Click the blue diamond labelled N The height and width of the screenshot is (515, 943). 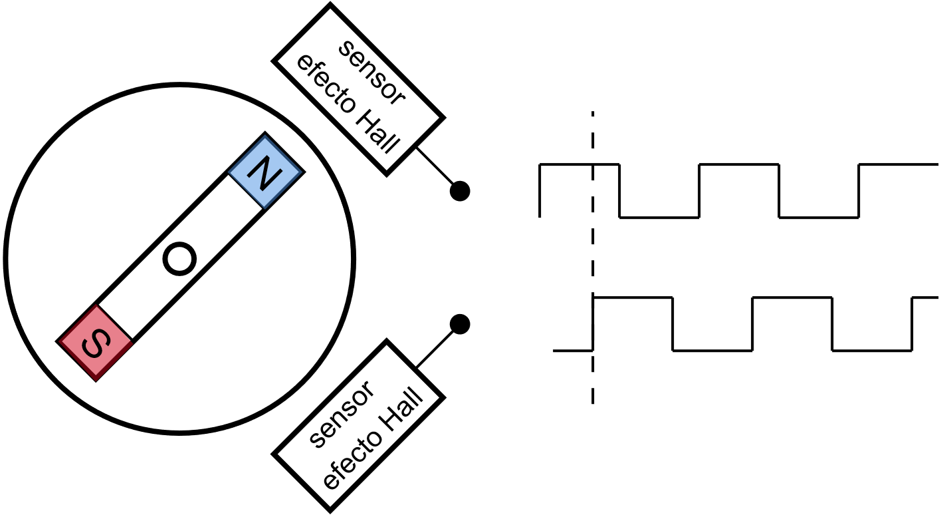click(x=264, y=172)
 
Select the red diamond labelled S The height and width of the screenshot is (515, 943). click(x=96, y=343)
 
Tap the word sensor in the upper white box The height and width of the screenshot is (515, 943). click(x=371, y=73)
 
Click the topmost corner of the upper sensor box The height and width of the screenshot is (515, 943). click(x=330, y=9)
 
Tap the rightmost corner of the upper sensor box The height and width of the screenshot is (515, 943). click(x=439, y=118)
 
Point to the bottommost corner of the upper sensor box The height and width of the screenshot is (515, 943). click(x=387, y=170)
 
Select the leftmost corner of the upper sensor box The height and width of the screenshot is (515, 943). click(x=278, y=61)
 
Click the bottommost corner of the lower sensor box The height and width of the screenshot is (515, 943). click(x=330, y=506)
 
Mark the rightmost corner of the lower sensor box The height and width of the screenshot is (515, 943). click(x=439, y=398)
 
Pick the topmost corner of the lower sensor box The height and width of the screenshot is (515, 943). click(x=387, y=346)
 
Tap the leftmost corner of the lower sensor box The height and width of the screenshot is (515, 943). click(x=278, y=454)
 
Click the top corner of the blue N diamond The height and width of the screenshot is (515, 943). click(x=265, y=136)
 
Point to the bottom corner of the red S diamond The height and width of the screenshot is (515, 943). click(x=96, y=380)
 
